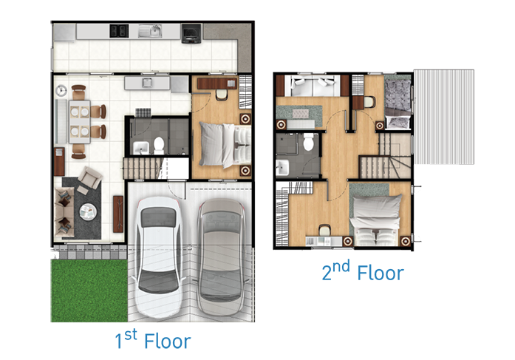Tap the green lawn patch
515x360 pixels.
coord(89,291)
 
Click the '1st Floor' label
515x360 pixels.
coord(153,339)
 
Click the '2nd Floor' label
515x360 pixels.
coord(363,271)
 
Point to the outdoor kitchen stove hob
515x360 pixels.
coord(119,31)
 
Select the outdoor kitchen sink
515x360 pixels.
coord(150,31)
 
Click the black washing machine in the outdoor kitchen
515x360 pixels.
coord(191,33)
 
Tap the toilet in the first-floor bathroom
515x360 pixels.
coord(159,146)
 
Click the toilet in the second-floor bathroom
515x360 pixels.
coord(308,142)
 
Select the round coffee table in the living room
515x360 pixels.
coord(88,212)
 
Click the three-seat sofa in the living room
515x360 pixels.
coord(64,212)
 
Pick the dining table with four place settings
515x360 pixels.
coord(80,122)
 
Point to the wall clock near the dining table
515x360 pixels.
coord(61,90)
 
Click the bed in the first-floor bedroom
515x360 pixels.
coord(225,145)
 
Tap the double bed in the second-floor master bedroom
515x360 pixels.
coord(376,220)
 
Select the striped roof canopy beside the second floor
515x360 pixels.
coord(444,117)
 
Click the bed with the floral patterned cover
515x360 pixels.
coord(398,103)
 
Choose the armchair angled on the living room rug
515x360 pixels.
coord(89,178)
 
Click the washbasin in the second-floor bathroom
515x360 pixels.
coord(282,167)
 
